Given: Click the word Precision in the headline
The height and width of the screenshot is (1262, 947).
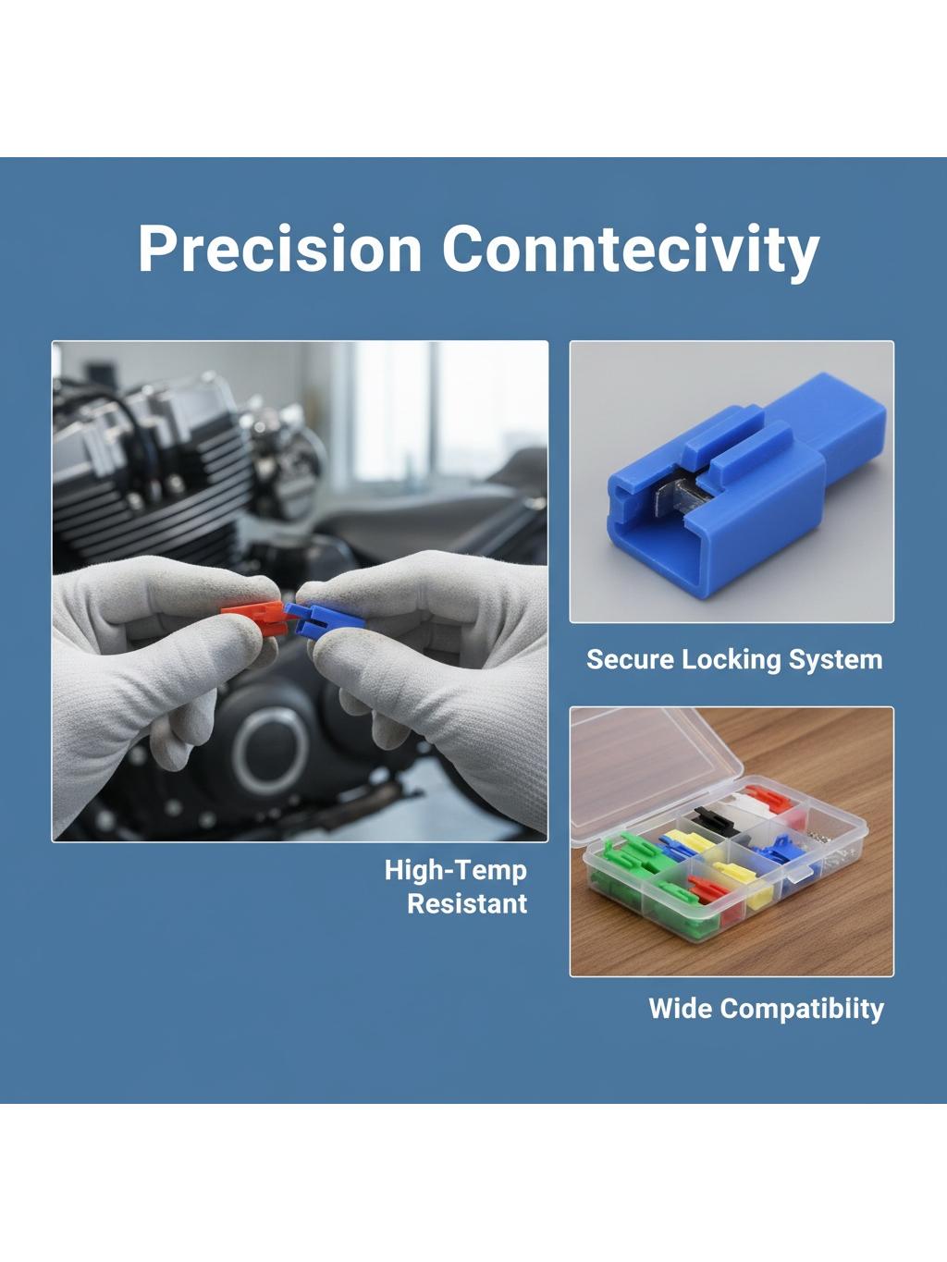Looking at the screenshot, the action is (280, 249).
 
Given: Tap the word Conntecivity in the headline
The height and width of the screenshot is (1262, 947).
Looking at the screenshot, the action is (631, 251).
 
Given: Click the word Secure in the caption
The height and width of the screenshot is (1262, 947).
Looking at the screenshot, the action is (630, 659).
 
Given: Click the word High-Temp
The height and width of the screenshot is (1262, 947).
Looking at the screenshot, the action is (455, 871).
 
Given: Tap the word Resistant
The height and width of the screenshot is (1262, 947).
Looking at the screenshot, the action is (467, 903).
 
